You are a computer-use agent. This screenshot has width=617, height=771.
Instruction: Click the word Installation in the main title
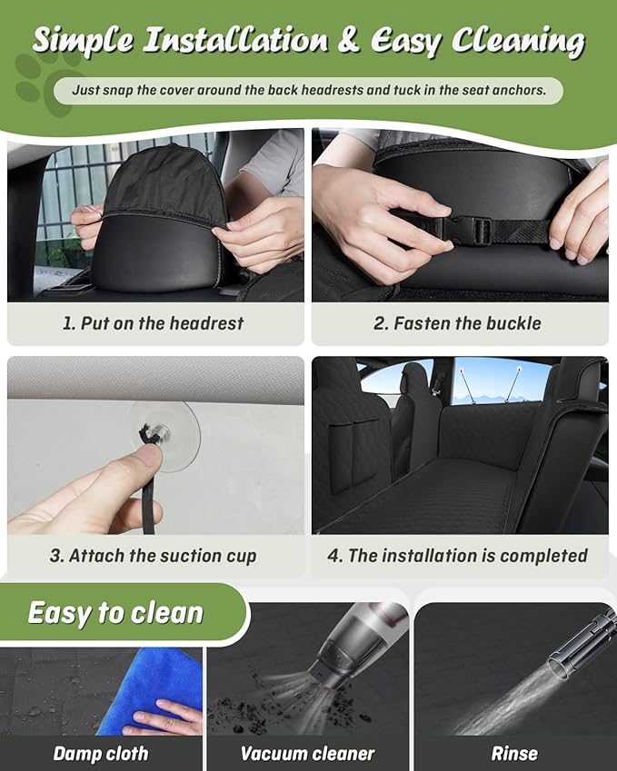pos(235,39)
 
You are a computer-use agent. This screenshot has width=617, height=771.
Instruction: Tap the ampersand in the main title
pos(348,39)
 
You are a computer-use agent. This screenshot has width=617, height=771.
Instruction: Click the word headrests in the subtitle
pos(333,90)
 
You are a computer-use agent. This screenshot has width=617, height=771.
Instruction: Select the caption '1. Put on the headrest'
pos(153,323)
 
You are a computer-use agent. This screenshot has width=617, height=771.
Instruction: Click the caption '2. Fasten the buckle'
pos(457,323)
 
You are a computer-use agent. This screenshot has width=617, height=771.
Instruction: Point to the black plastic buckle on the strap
pos(466,231)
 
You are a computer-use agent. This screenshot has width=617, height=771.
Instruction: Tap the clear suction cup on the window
pos(164,435)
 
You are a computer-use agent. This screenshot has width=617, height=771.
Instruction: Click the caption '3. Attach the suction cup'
pos(153,556)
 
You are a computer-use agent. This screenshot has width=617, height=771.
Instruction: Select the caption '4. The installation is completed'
pos(457,556)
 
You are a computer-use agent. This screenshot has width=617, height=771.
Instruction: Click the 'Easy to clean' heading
pos(115,613)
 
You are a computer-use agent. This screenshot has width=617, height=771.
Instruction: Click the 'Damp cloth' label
pos(100,754)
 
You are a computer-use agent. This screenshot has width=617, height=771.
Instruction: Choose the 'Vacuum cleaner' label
pos(307,754)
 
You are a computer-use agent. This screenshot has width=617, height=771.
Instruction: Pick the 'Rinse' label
pos(514,754)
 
